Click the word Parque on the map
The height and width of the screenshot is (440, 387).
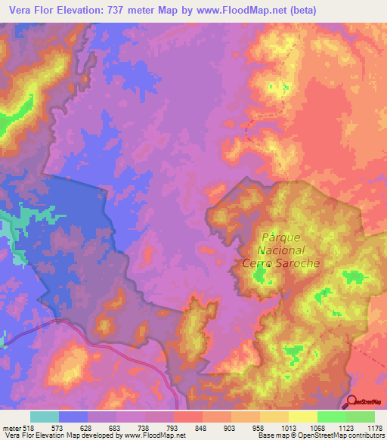coord(280,237)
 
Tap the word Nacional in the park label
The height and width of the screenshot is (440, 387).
coord(280,249)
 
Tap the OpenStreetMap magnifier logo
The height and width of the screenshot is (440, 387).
coord(352,401)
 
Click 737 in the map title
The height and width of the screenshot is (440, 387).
coord(133,10)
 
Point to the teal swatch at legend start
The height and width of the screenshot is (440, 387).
coord(45,417)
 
